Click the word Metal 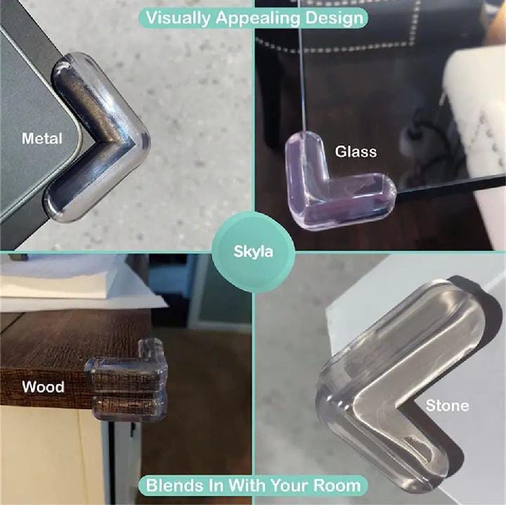[x=42, y=139]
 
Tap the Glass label [x=356, y=152]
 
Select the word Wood [x=43, y=387]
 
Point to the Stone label [x=447, y=406]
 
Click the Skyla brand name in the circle [x=253, y=252]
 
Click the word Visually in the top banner [x=178, y=18]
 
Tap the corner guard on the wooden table [x=127, y=381]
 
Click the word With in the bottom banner [x=247, y=485]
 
